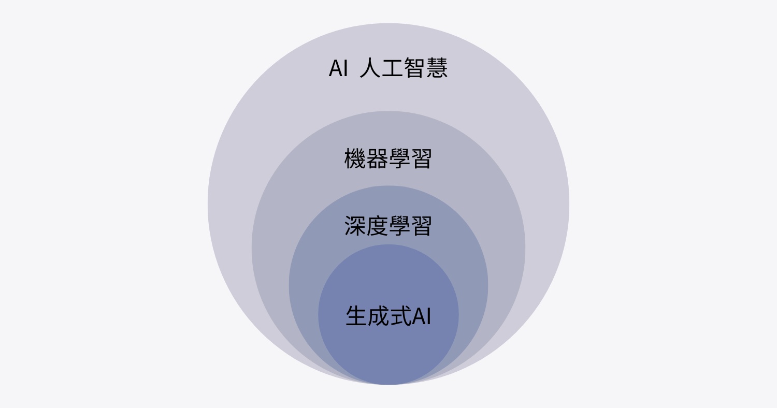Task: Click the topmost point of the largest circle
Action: tap(388, 23)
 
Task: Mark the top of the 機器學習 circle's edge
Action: tap(388, 111)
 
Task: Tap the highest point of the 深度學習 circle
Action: tap(388, 185)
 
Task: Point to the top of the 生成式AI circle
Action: tap(388, 244)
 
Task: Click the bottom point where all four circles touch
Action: tap(388, 384)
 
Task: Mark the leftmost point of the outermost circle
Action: tap(208, 204)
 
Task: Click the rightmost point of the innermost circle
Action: tap(459, 314)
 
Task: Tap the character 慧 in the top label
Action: tap(437, 68)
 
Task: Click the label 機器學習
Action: tap(388, 159)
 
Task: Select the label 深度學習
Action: tap(388, 226)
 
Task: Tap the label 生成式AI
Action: tap(388, 315)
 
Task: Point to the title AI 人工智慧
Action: tap(388, 68)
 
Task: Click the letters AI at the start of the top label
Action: tap(338, 68)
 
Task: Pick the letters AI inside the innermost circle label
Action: tap(422, 316)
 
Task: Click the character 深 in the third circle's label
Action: tap(355, 226)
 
